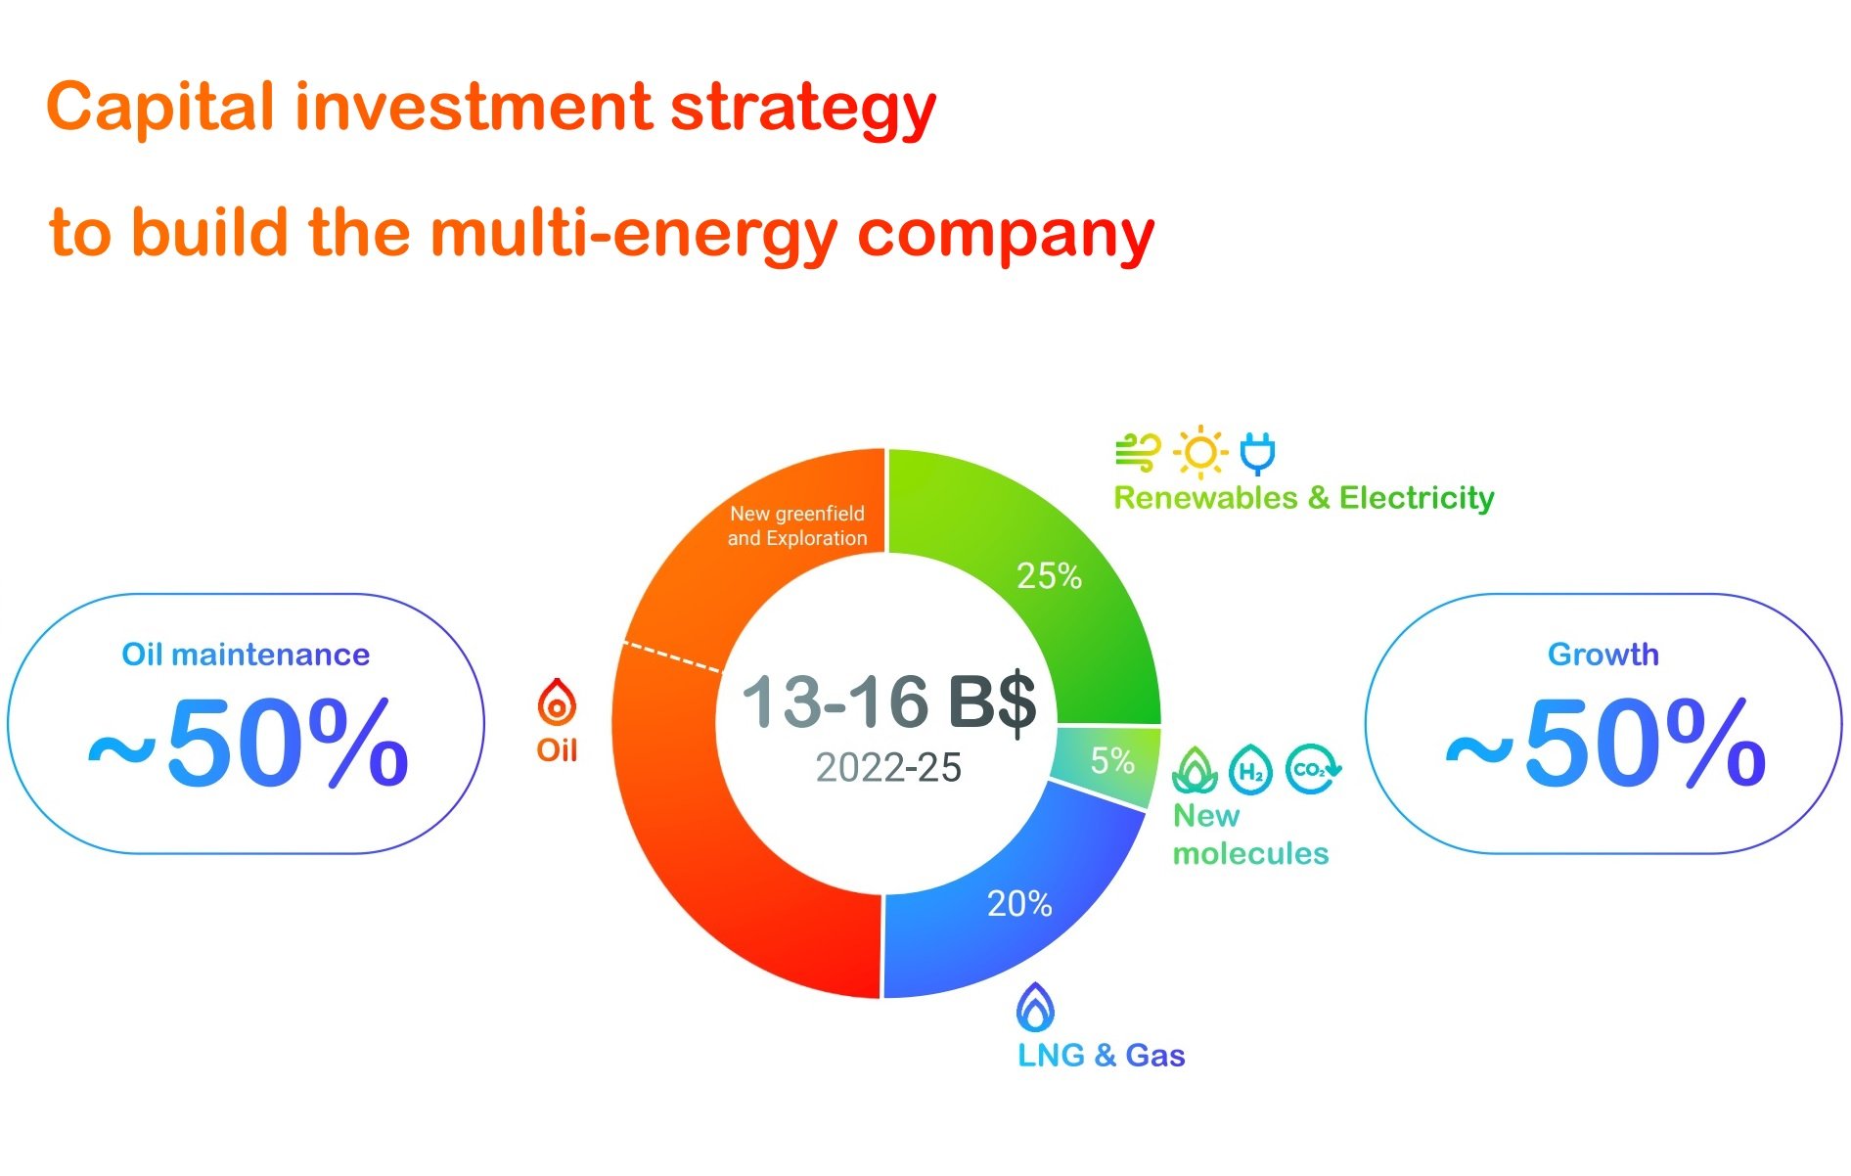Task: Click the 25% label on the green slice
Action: pyautogui.click(x=1049, y=576)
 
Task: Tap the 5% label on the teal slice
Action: pyautogui.click(x=1112, y=760)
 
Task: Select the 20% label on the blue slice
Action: pyautogui.click(x=1019, y=904)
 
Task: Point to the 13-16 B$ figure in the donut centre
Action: pyautogui.click(x=888, y=701)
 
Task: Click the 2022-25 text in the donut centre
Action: pyautogui.click(x=888, y=768)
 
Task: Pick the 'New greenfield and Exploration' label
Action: pyautogui.click(x=797, y=525)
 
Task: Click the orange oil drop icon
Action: pyautogui.click(x=557, y=702)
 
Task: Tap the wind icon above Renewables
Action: pyautogui.click(x=1138, y=453)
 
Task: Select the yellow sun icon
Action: pyautogui.click(x=1200, y=453)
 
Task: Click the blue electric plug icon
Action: pyautogui.click(x=1257, y=453)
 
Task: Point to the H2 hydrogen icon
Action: pyautogui.click(x=1250, y=770)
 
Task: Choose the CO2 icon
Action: pyautogui.click(x=1312, y=769)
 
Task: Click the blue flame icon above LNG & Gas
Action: pyautogui.click(x=1035, y=1008)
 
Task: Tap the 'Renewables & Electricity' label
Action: pyautogui.click(x=1304, y=498)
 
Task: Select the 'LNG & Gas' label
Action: pyautogui.click(x=1102, y=1056)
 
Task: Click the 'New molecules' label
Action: pyautogui.click(x=1249, y=835)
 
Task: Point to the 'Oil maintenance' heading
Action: pyautogui.click(x=246, y=655)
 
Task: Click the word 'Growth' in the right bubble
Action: pyautogui.click(x=1603, y=655)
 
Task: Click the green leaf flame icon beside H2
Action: pyautogui.click(x=1195, y=770)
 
